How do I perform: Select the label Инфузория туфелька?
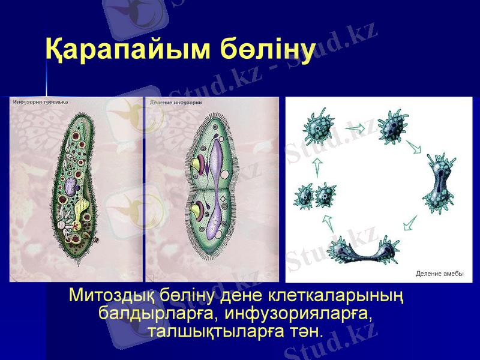pos(41,102)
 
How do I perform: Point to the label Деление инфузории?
pos(175,102)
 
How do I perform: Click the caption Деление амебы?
pos(440,274)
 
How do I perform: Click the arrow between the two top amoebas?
pos(355,128)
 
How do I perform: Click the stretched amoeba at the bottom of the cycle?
pos(362,250)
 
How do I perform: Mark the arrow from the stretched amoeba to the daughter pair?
pos(328,223)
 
